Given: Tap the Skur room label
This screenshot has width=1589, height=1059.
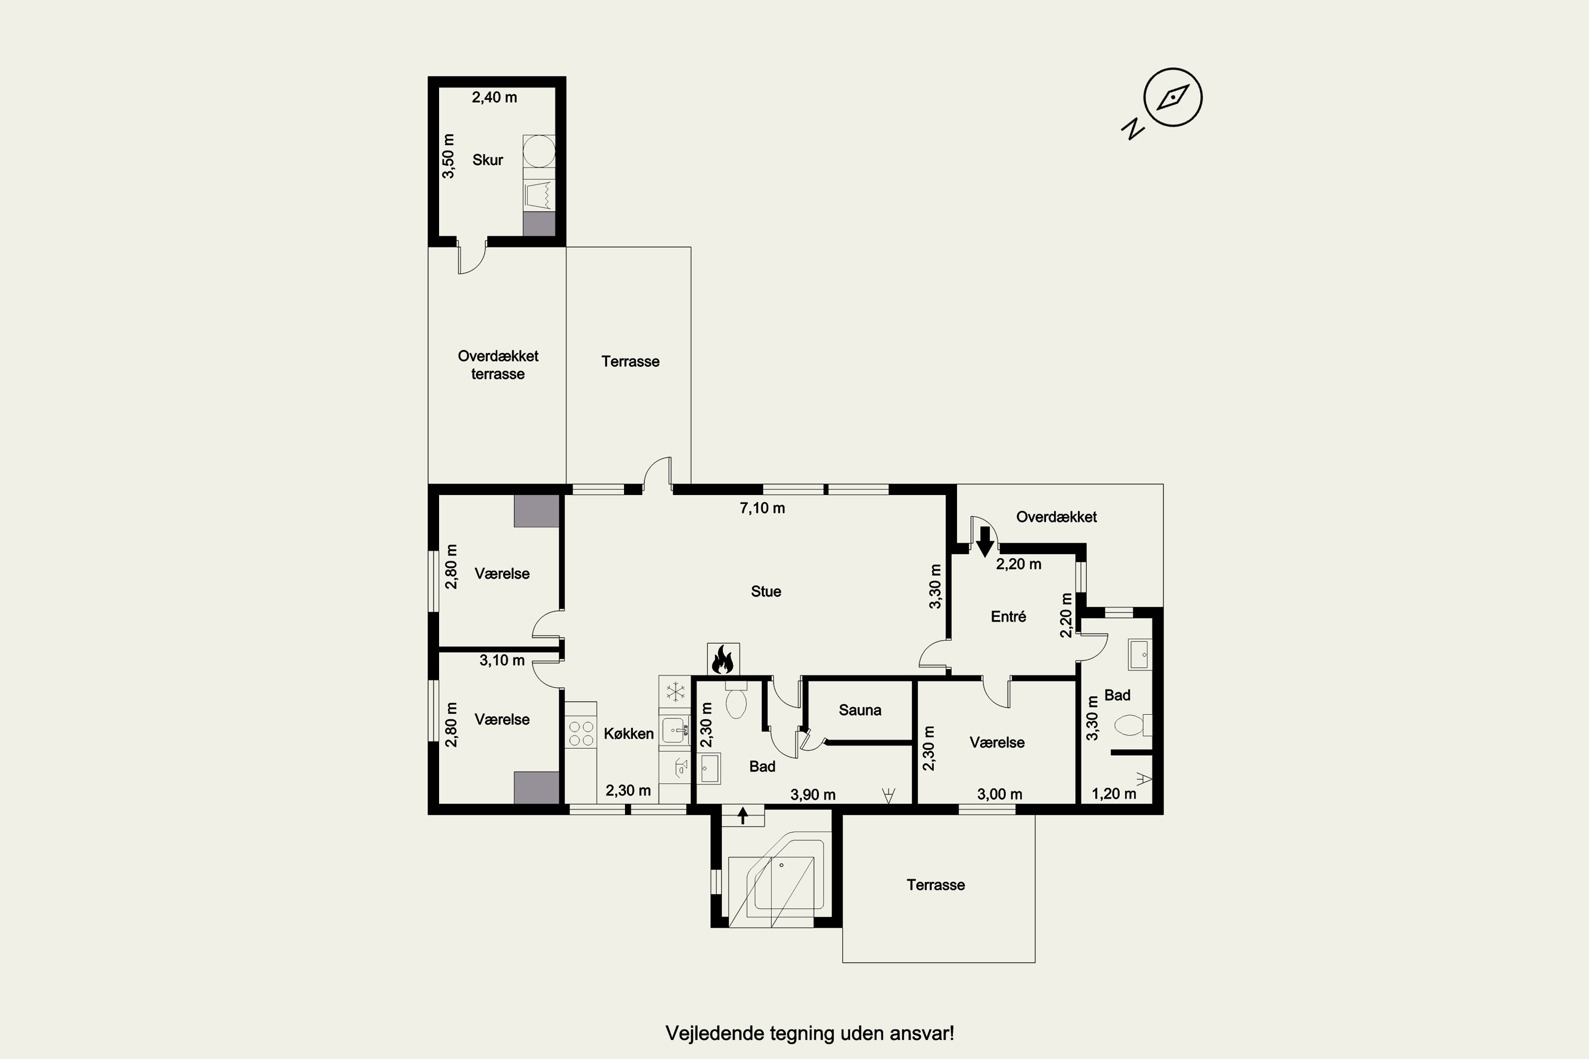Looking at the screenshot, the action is [x=488, y=160].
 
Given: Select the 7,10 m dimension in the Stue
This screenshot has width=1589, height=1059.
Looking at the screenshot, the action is [x=762, y=508].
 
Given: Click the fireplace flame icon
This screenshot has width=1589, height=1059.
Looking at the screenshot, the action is [x=723, y=659].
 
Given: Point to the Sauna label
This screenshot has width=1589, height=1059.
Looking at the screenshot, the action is [x=860, y=710].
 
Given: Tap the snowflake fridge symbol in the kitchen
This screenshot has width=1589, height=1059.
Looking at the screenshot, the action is [x=675, y=692].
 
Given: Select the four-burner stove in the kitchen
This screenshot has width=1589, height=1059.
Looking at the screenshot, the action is [x=581, y=733].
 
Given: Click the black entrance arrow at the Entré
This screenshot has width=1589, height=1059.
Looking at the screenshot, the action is [x=985, y=541].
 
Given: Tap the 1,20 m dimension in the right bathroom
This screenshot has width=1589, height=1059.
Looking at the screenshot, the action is [x=1113, y=794].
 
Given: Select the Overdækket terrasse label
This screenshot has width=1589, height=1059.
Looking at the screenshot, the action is [x=498, y=365].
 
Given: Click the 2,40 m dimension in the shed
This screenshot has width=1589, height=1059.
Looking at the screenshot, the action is [x=495, y=97].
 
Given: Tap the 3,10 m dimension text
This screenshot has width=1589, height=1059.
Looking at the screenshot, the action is [x=502, y=660].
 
